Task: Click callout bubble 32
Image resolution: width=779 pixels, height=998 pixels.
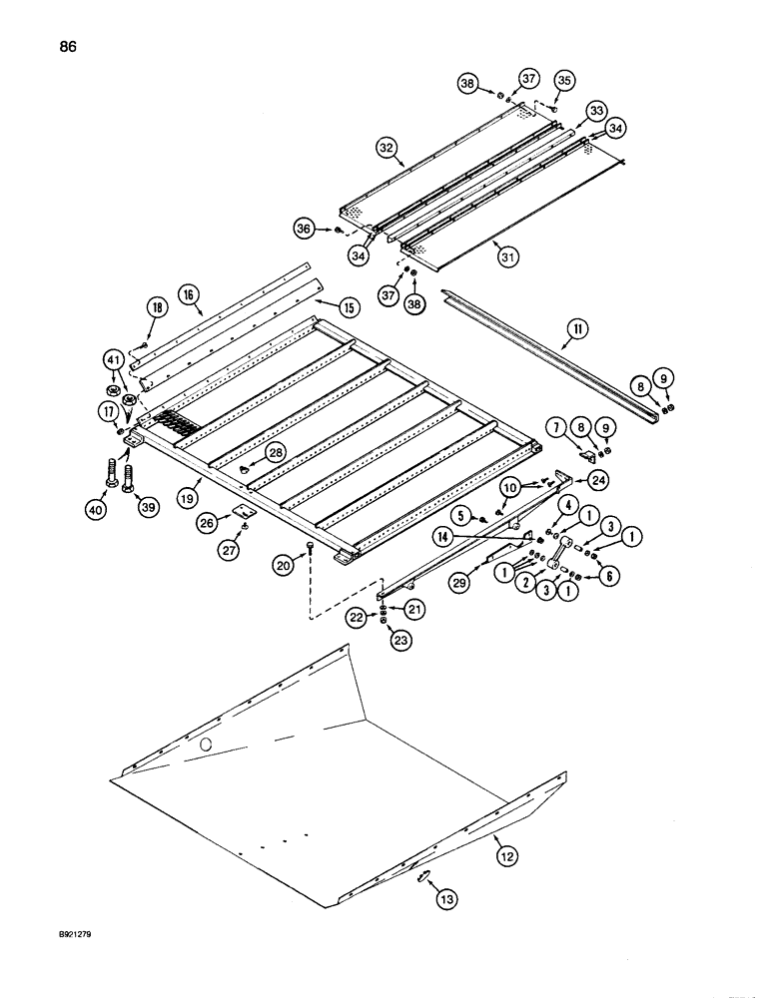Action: point(386,146)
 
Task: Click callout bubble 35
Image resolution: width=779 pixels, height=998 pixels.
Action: point(564,80)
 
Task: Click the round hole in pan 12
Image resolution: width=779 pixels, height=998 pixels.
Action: point(206,745)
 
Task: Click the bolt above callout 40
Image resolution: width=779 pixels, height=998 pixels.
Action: point(107,471)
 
